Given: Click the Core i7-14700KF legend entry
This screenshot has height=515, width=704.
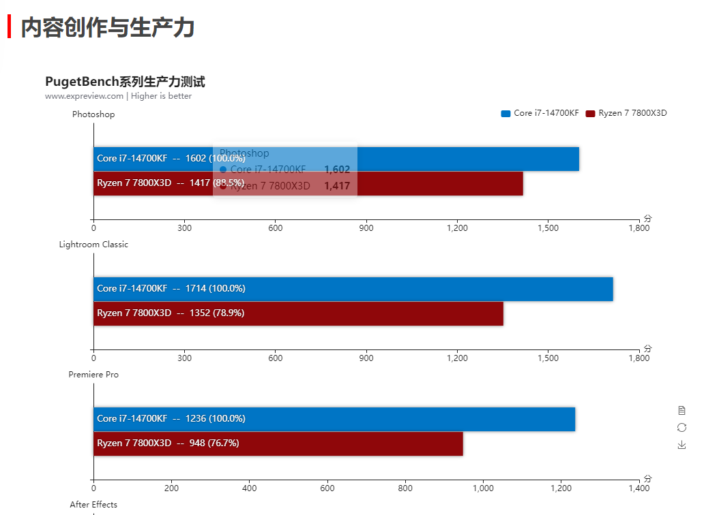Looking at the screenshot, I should tap(540, 113).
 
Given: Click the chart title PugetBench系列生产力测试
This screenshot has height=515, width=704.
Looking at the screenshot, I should tap(125, 82).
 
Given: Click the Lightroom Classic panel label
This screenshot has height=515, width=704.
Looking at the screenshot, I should tap(93, 245).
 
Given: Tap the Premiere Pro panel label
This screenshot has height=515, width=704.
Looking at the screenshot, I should tap(93, 375).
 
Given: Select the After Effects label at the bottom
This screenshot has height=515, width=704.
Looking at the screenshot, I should tap(93, 505).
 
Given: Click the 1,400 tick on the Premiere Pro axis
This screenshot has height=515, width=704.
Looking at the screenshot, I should tap(639, 488).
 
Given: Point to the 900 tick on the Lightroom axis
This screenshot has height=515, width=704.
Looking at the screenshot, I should tap(366, 358).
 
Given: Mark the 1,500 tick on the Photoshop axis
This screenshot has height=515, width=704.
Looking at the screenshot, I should tap(548, 228).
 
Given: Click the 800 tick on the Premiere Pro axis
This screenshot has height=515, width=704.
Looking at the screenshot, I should tap(405, 488).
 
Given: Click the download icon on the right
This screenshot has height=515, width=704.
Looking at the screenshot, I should tap(681, 445).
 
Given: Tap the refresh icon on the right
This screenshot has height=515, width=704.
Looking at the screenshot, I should tap(681, 427).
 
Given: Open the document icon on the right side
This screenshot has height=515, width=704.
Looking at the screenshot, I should tap(681, 410).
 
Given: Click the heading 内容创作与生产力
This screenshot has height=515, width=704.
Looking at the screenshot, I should tap(108, 27).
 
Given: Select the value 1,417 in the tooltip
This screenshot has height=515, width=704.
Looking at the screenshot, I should tap(337, 186).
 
